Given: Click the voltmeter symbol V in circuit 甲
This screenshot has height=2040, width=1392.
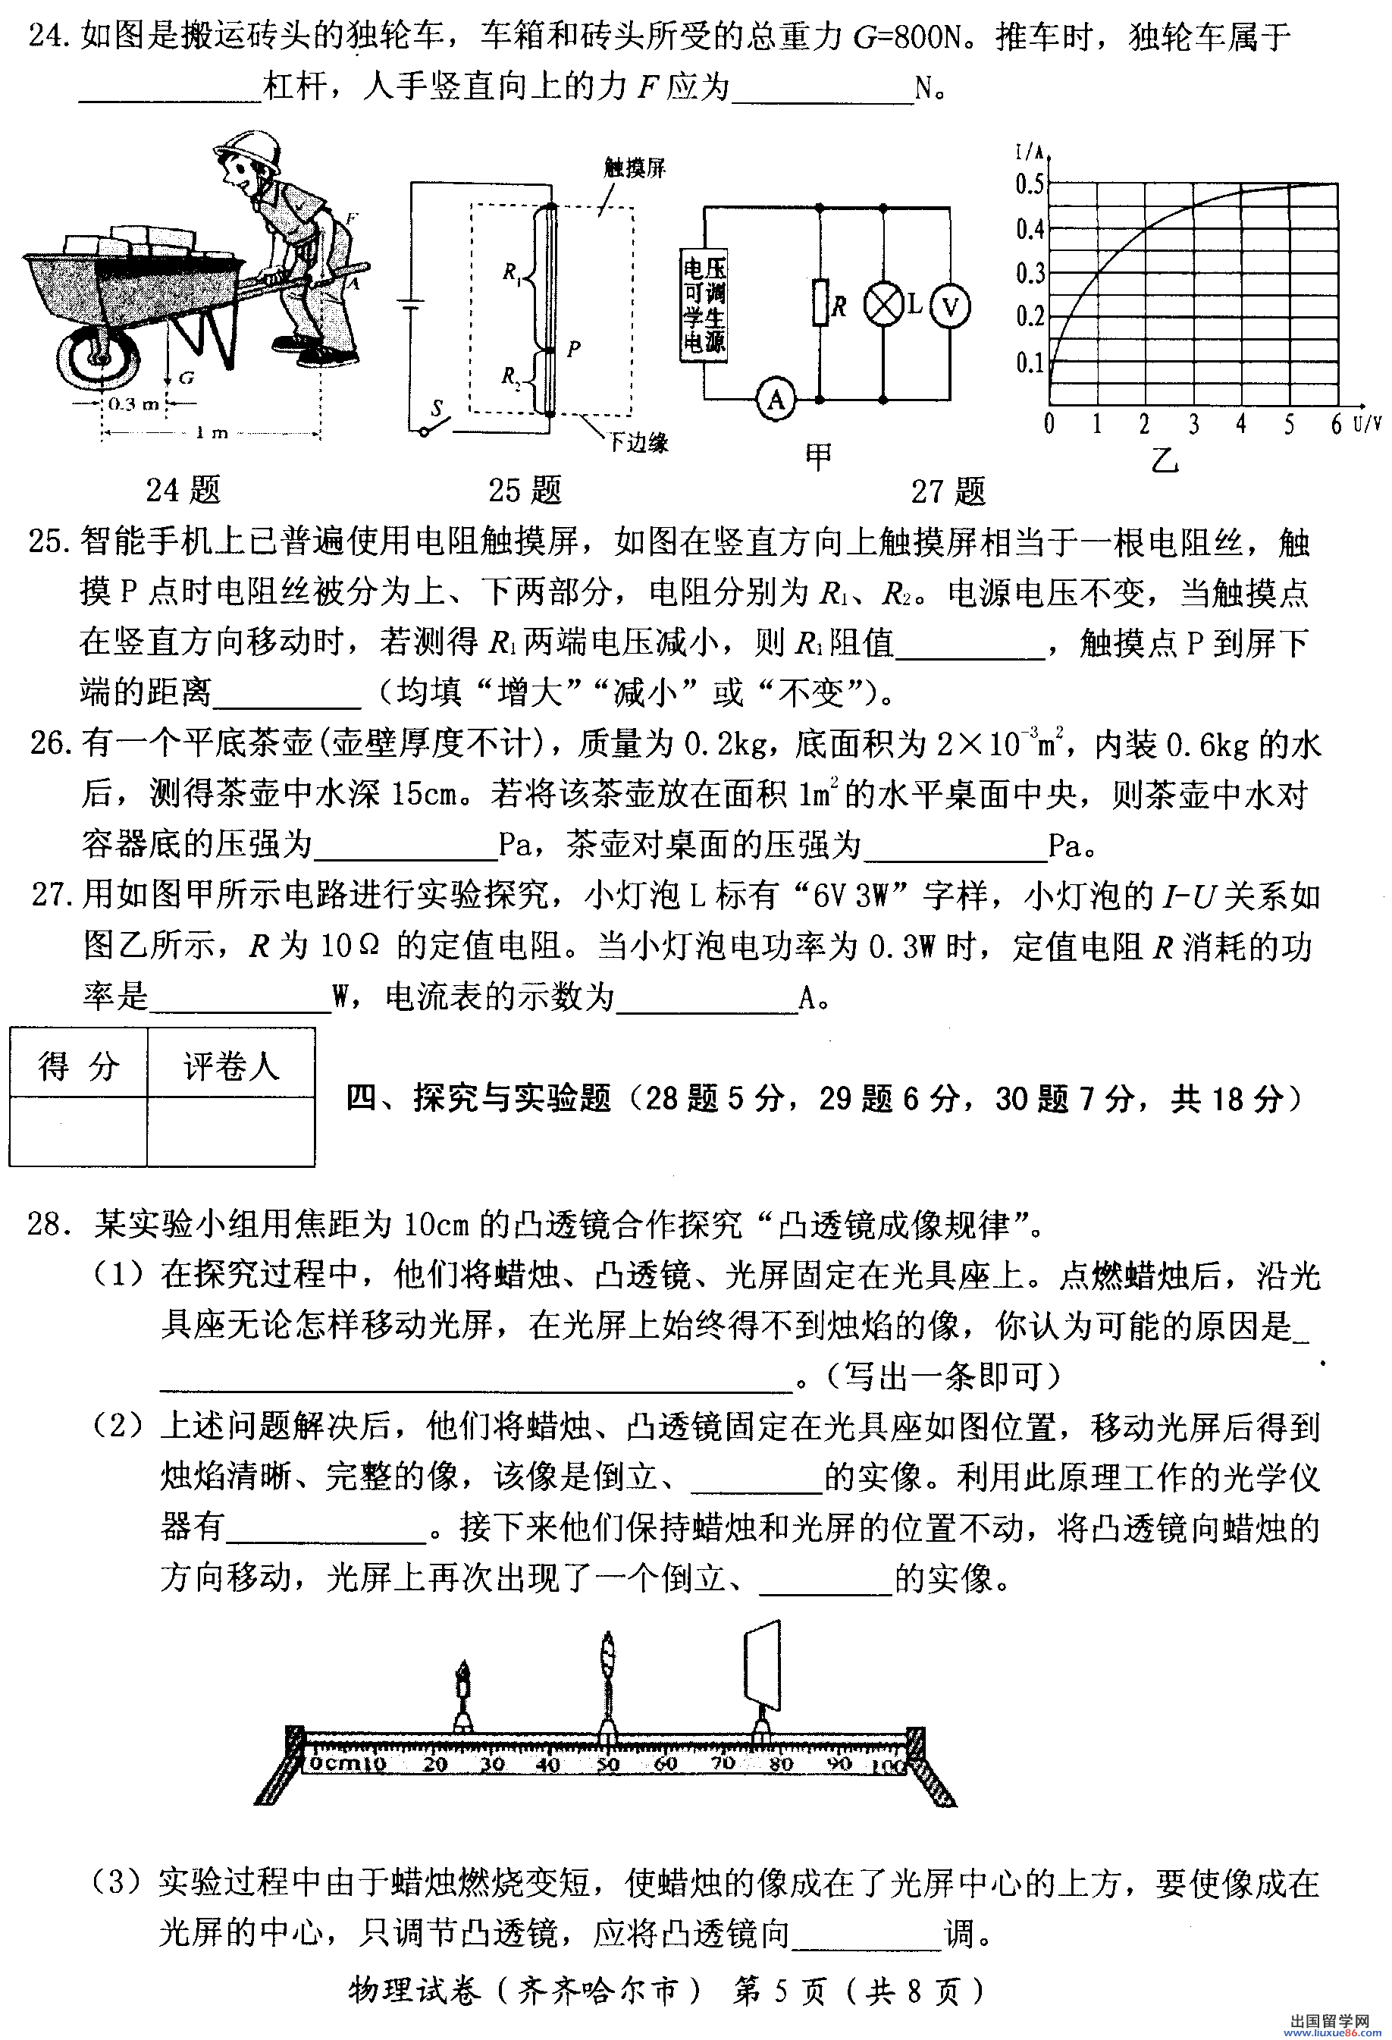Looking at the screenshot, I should pyautogui.click(x=951, y=306).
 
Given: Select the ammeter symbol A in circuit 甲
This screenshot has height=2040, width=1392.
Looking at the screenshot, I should pyautogui.click(x=776, y=400).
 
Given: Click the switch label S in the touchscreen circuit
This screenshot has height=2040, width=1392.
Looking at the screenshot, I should pyautogui.click(x=436, y=407).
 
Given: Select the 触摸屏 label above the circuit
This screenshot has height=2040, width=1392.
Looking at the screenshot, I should pyautogui.click(x=635, y=167).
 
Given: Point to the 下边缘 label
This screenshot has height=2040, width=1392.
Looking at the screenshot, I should pyautogui.click(x=639, y=442).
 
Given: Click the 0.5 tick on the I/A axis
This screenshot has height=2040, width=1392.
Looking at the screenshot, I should pyautogui.click(x=1030, y=184).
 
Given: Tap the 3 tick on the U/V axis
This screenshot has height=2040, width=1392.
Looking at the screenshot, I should pyautogui.click(x=1193, y=425).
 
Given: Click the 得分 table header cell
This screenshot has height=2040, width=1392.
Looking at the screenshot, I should pyautogui.click(x=78, y=1066).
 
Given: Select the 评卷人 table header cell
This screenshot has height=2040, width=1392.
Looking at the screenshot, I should pyautogui.click(x=230, y=1066).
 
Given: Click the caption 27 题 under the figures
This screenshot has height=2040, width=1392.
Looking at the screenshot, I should pyautogui.click(x=948, y=491).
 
